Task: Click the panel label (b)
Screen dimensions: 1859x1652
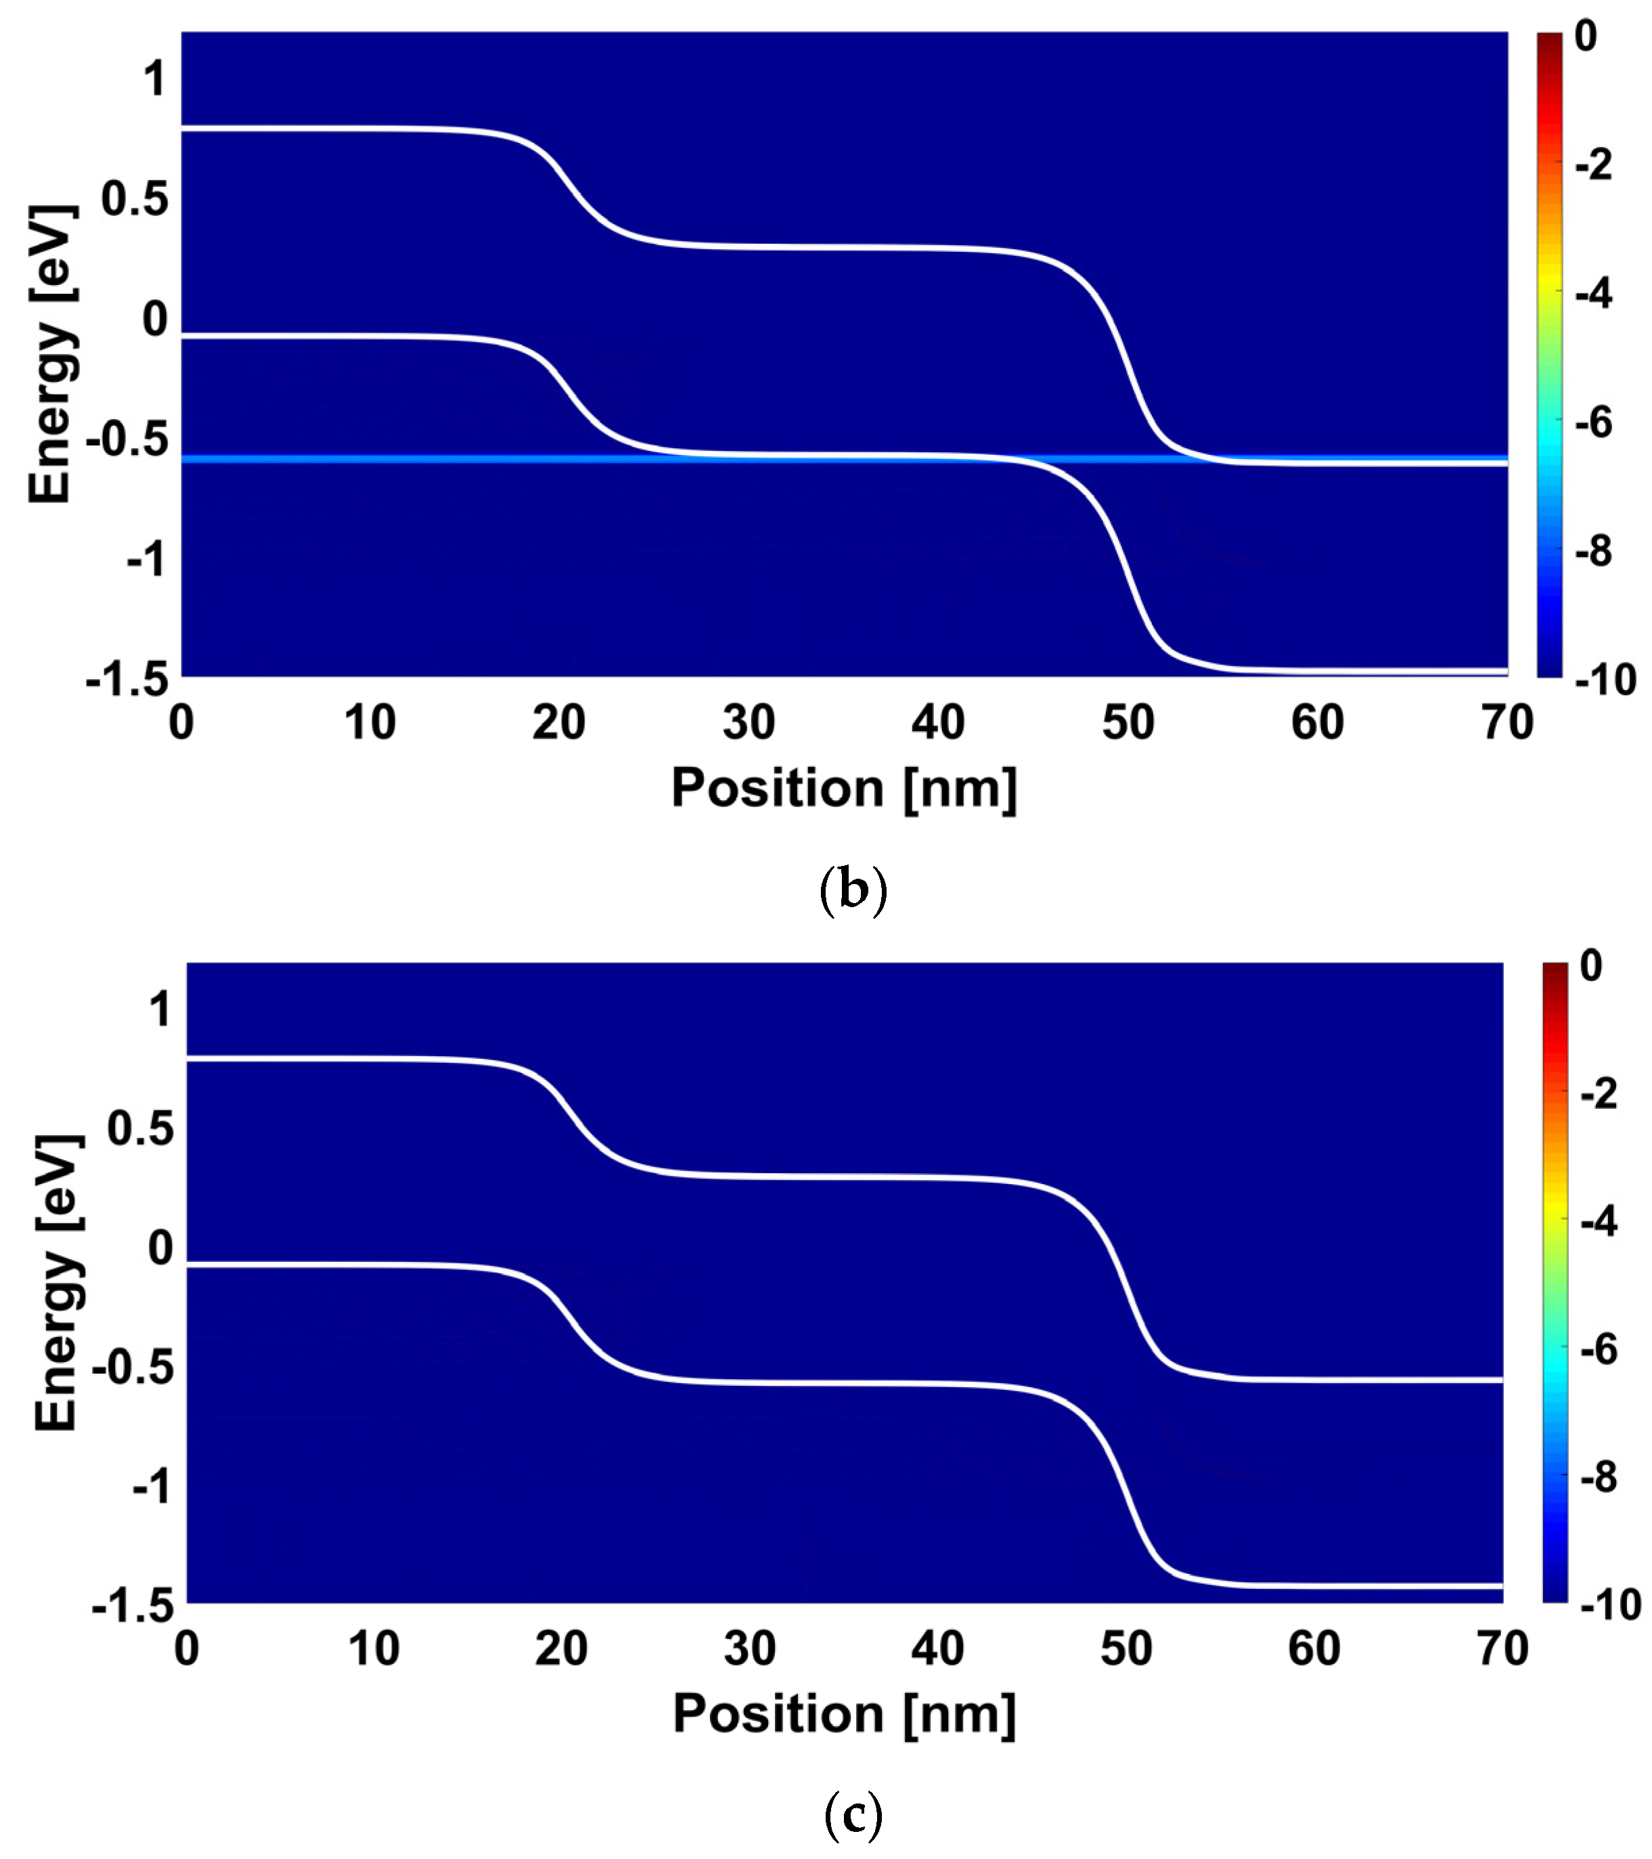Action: [x=852, y=890]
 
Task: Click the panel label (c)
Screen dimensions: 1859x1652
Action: [x=852, y=1817]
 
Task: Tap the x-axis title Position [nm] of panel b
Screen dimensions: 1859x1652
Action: [x=844, y=787]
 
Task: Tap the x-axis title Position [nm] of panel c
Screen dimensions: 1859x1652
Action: [x=844, y=1714]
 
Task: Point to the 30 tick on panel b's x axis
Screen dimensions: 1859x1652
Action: [x=749, y=723]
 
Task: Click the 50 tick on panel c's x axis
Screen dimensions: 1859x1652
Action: [x=1125, y=1649]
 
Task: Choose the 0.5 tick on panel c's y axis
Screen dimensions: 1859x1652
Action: [x=139, y=1129]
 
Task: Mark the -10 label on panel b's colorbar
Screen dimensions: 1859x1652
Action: [x=1605, y=680]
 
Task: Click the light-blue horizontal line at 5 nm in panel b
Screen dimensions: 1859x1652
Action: [x=276, y=458]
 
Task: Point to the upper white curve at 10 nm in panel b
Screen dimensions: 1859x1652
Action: [x=371, y=129]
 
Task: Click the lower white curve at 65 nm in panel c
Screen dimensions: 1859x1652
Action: [x=1409, y=1585]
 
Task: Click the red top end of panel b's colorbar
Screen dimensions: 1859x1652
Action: [x=1549, y=41]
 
